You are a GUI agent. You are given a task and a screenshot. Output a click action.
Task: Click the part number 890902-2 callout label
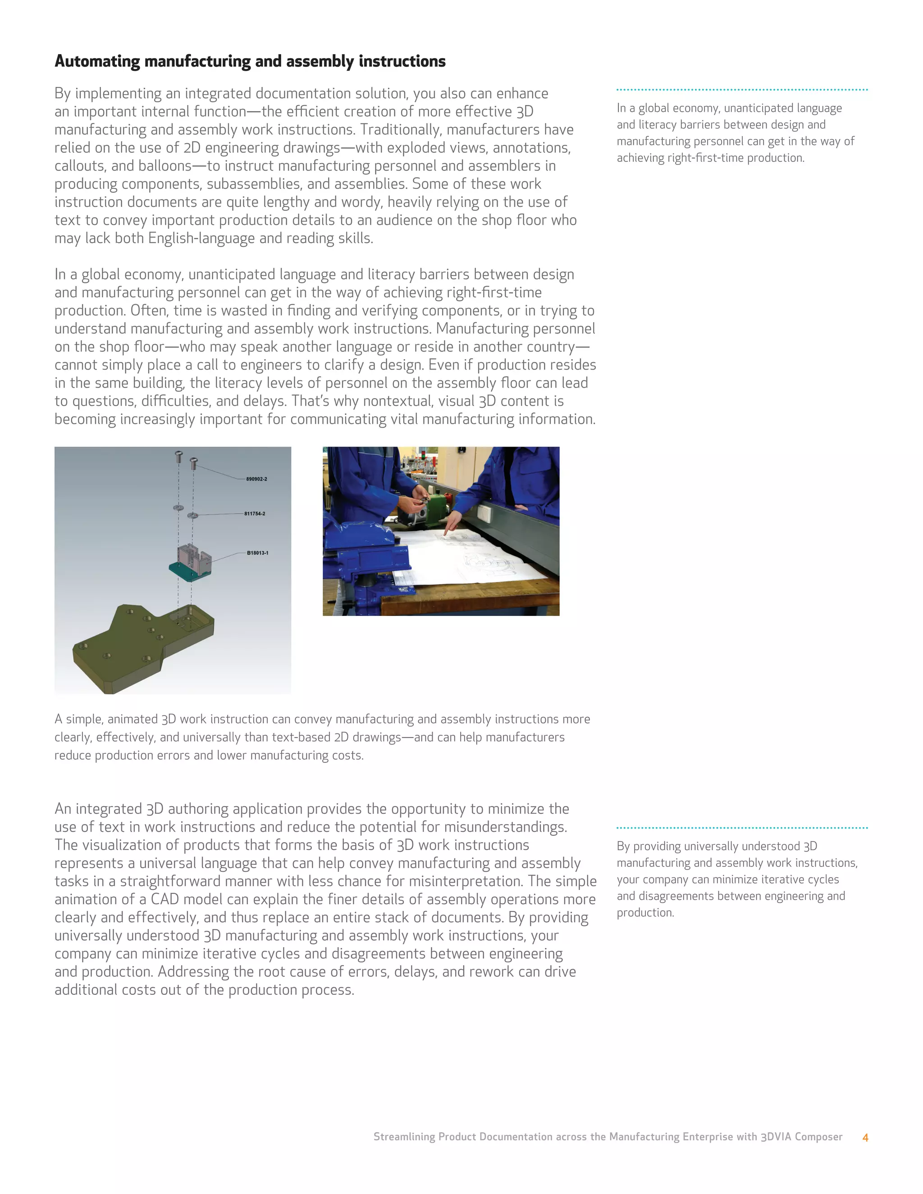tap(256, 479)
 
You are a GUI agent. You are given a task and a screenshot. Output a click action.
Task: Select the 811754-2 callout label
tap(255, 514)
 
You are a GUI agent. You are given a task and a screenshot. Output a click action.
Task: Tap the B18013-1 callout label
tap(257, 553)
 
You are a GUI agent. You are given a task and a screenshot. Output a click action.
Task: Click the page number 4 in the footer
tap(865, 1137)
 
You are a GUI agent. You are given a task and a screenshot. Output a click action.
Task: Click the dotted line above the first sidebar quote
tap(742, 89)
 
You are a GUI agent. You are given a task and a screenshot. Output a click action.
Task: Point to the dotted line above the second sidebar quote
tap(742, 828)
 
